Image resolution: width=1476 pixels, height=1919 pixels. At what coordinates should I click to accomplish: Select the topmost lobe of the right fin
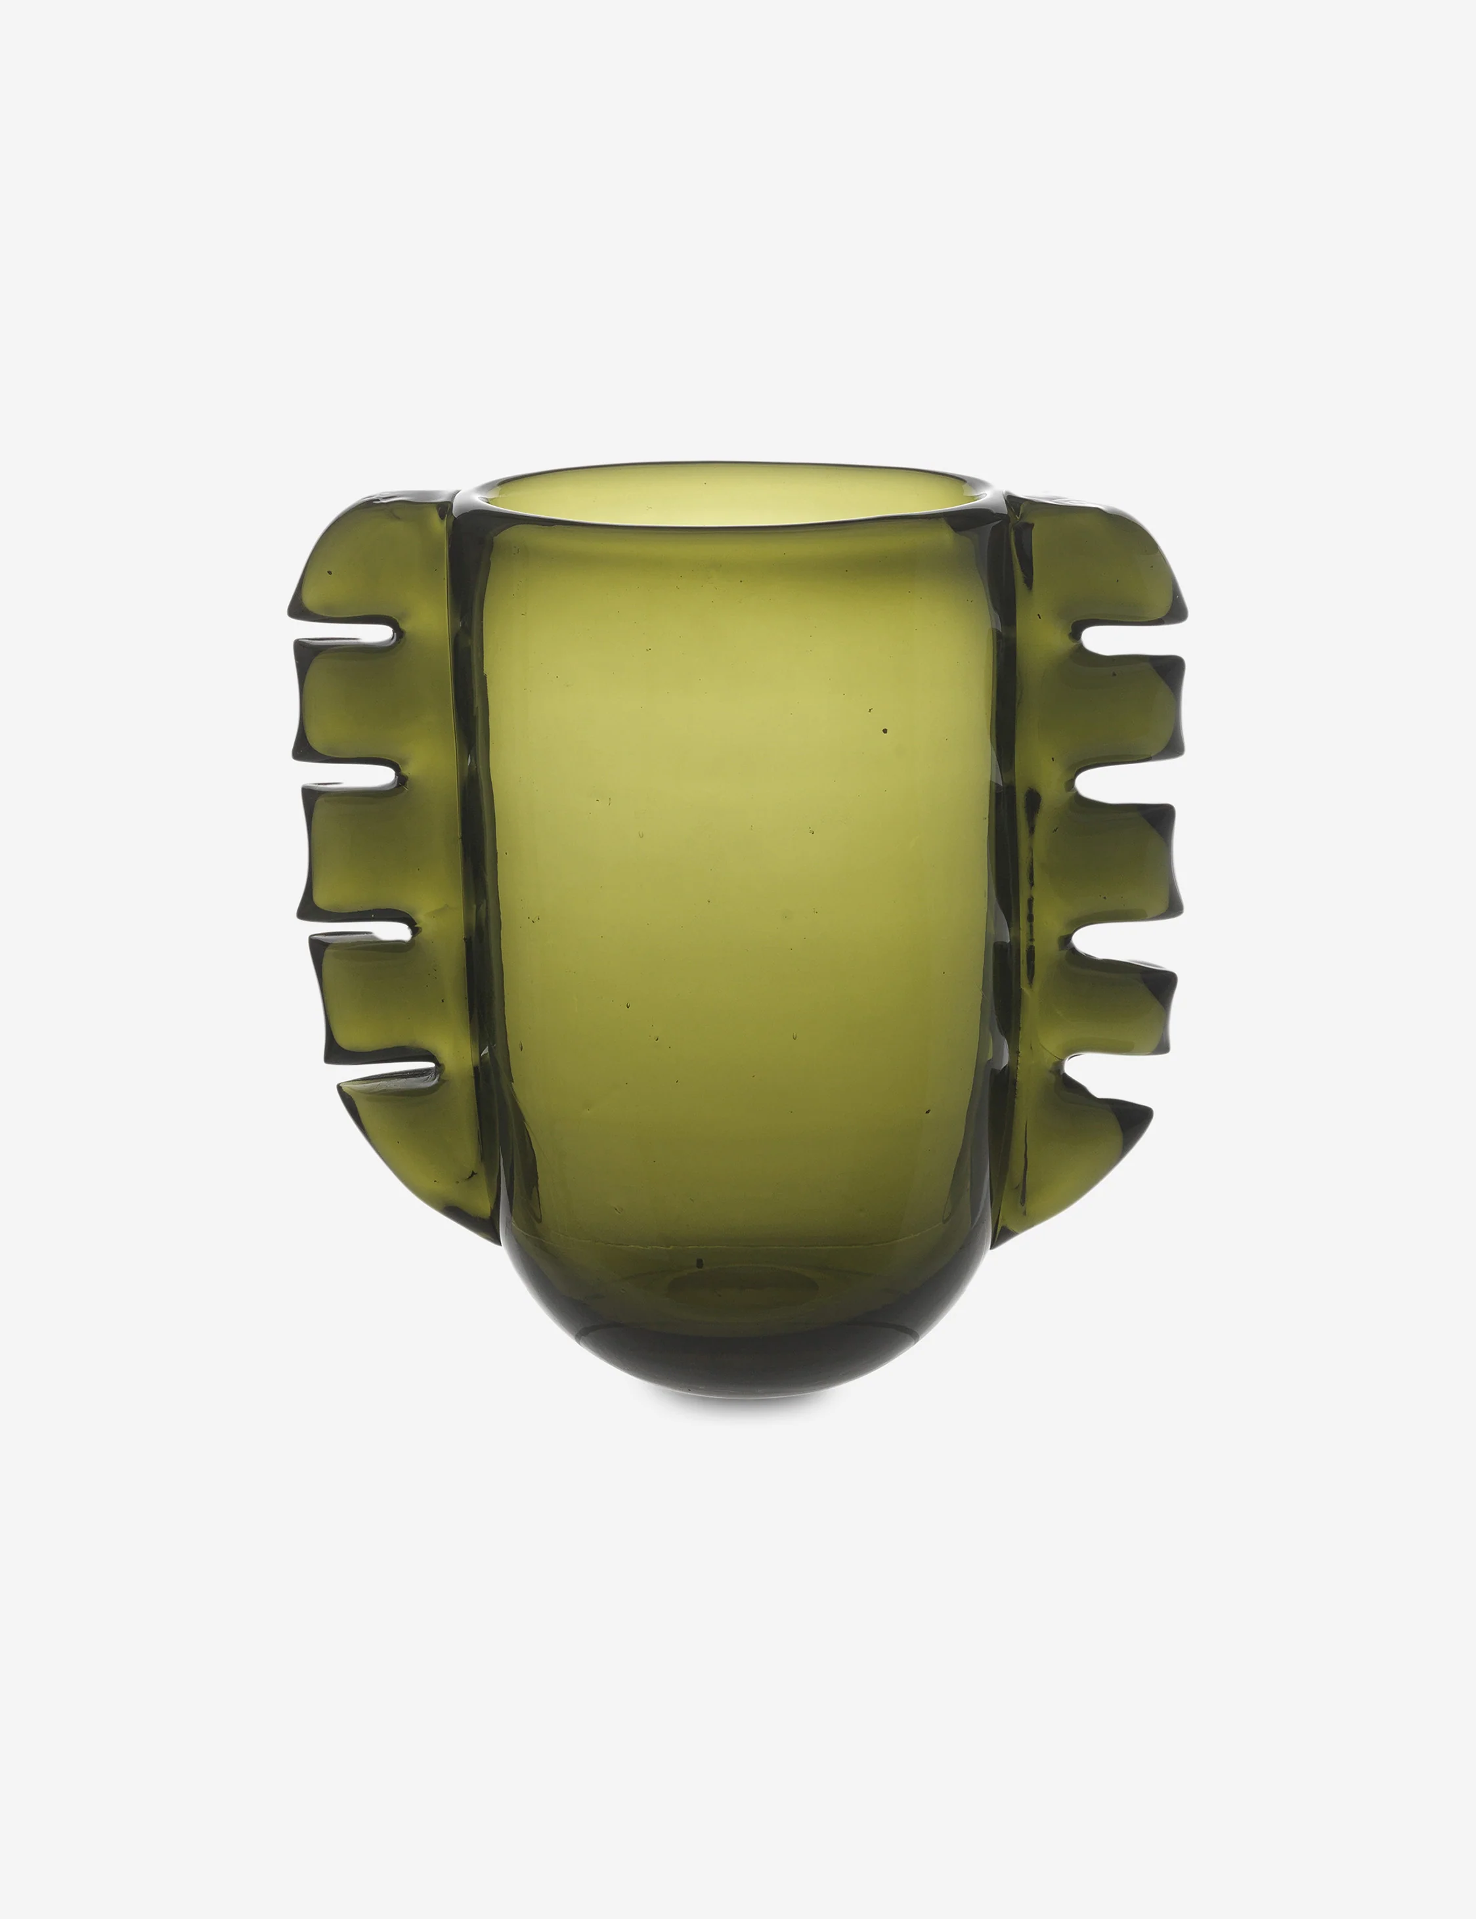[x=1098, y=562]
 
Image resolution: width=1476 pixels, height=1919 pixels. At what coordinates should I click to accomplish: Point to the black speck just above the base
[x=699, y=1263]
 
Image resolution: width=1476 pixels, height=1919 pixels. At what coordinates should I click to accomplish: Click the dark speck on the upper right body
[x=884, y=731]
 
